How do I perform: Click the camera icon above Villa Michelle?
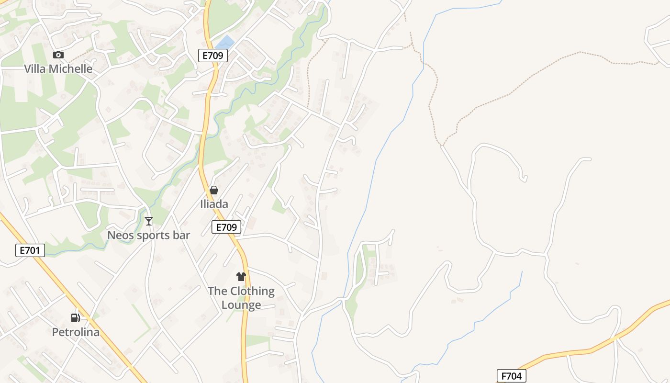(58, 55)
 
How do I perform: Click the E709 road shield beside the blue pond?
(213, 56)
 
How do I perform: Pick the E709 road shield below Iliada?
(226, 227)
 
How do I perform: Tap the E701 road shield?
(30, 250)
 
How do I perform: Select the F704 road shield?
(511, 376)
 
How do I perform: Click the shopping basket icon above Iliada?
(214, 191)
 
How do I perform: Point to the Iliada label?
(214, 204)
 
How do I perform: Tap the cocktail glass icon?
(149, 221)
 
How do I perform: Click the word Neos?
(119, 236)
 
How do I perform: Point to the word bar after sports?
(182, 236)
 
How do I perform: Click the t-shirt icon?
(241, 277)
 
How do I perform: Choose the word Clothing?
(252, 291)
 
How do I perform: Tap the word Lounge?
(241, 305)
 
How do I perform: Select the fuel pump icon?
(76, 317)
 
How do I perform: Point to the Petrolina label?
(76, 332)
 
